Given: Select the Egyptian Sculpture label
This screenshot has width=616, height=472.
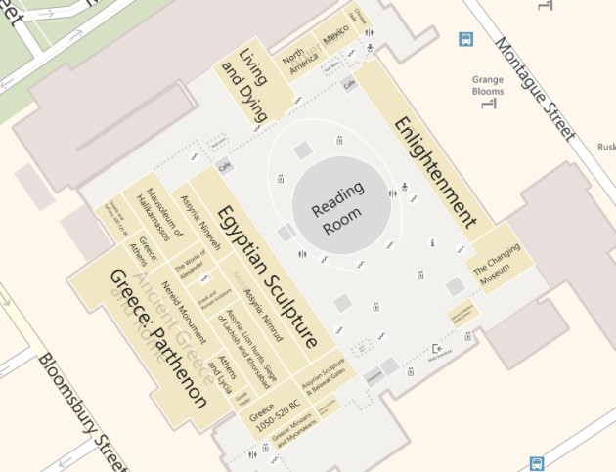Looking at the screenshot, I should point(268,277).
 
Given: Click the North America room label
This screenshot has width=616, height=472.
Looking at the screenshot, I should point(300,67).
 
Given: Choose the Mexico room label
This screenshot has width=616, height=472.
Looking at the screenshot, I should point(335,45).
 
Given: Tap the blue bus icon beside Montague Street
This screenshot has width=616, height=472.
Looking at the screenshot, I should point(466,40).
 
